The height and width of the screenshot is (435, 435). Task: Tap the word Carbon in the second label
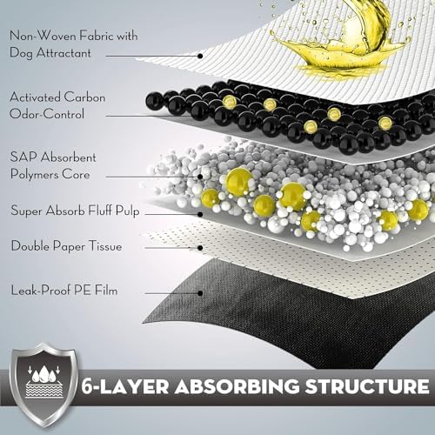tap(84, 97)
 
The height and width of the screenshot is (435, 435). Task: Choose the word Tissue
tap(105, 246)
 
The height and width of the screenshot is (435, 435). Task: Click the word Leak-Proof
tap(40, 291)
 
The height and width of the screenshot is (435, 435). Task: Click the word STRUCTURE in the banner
tap(367, 386)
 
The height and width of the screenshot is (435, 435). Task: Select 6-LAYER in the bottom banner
tap(125, 386)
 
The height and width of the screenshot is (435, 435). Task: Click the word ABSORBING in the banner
tap(237, 386)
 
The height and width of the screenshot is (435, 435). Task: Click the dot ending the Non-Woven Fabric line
tap(200, 56)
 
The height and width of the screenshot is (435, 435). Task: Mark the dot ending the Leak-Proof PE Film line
tap(200, 293)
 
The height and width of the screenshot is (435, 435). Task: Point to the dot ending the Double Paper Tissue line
tap(200, 248)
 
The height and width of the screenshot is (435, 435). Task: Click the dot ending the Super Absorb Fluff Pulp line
tap(200, 215)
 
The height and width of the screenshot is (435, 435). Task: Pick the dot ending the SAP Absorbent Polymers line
tap(200, 177)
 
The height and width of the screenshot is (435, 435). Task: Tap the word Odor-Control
tap(47, 114)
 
